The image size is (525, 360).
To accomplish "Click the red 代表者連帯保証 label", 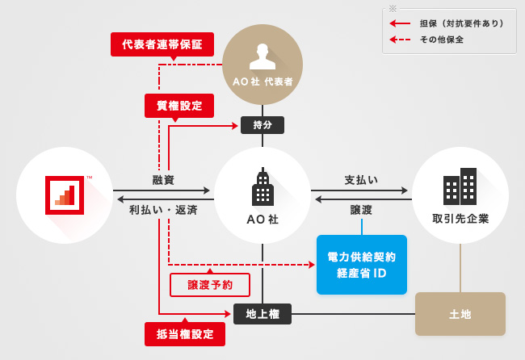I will click(x=162, y=44).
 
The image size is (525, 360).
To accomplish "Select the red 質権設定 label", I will click(x=179, y=106).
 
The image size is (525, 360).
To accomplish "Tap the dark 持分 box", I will click(x=262, y=125).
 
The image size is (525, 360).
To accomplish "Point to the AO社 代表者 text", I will click(x=262, y=82).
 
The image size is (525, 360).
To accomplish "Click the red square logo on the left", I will click(x=65, y=195).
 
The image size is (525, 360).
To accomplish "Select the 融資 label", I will click(x=163, y=179).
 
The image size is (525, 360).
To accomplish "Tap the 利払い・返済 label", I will click(x=163, y=210).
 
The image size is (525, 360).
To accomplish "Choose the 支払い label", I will click(x=361, y=179).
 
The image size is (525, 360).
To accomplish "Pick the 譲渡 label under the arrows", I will click(x=361, y=210).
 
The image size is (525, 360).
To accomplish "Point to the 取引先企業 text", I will click(x=460, y=219).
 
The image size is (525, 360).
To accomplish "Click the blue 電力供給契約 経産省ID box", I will click(x=361, y=265).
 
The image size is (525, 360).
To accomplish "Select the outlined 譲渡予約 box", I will click(x=210, y=285).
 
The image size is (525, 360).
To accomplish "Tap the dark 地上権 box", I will click(x=262, y=314).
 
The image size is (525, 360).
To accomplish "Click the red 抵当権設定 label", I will click(x=185, y=333).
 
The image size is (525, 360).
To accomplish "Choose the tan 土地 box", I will click(x=460, y=314).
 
